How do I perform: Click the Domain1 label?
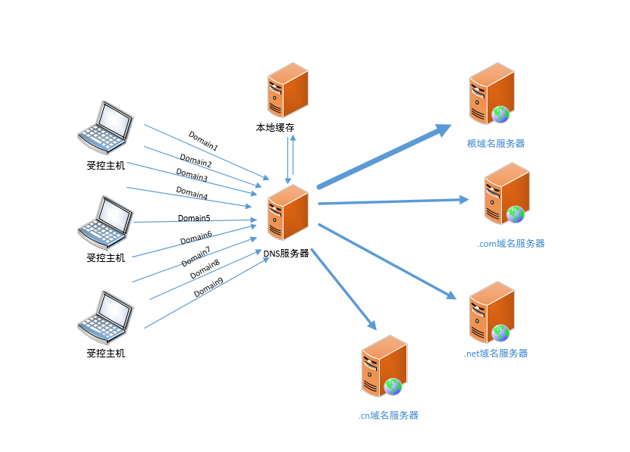tap(203, 141)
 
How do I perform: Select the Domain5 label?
tap(194, 218)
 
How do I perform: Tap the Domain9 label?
tap(208, 288)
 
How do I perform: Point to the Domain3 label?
tap(193, 177)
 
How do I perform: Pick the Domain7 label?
tap(196, 257)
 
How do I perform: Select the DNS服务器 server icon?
tap(287, 213)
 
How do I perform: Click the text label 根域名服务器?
tap(496, 143)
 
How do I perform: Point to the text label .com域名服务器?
tap(511, 244)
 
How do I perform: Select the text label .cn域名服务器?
tap(388, 415)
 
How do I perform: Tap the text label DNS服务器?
tap(287, 254)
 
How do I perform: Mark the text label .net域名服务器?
tap(496, 354)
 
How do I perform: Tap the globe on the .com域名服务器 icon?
tap(516, 214)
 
